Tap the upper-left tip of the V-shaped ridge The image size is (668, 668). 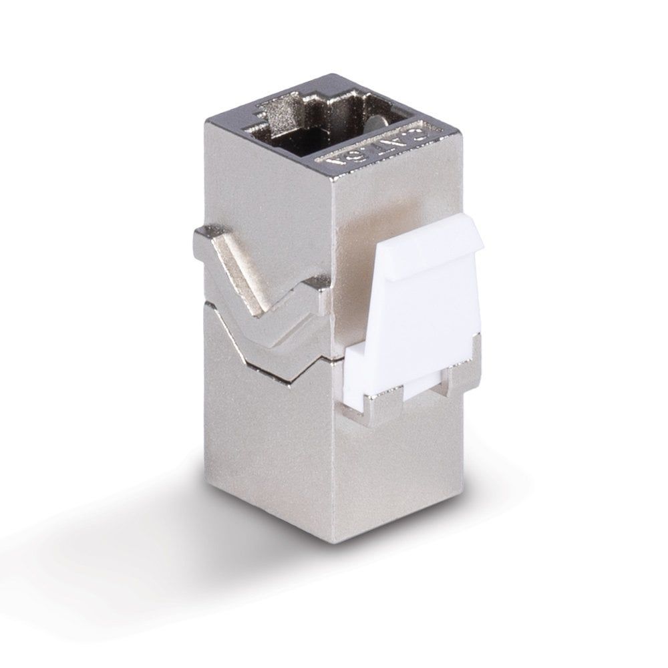pyautogui.click(x=200, y=234)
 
